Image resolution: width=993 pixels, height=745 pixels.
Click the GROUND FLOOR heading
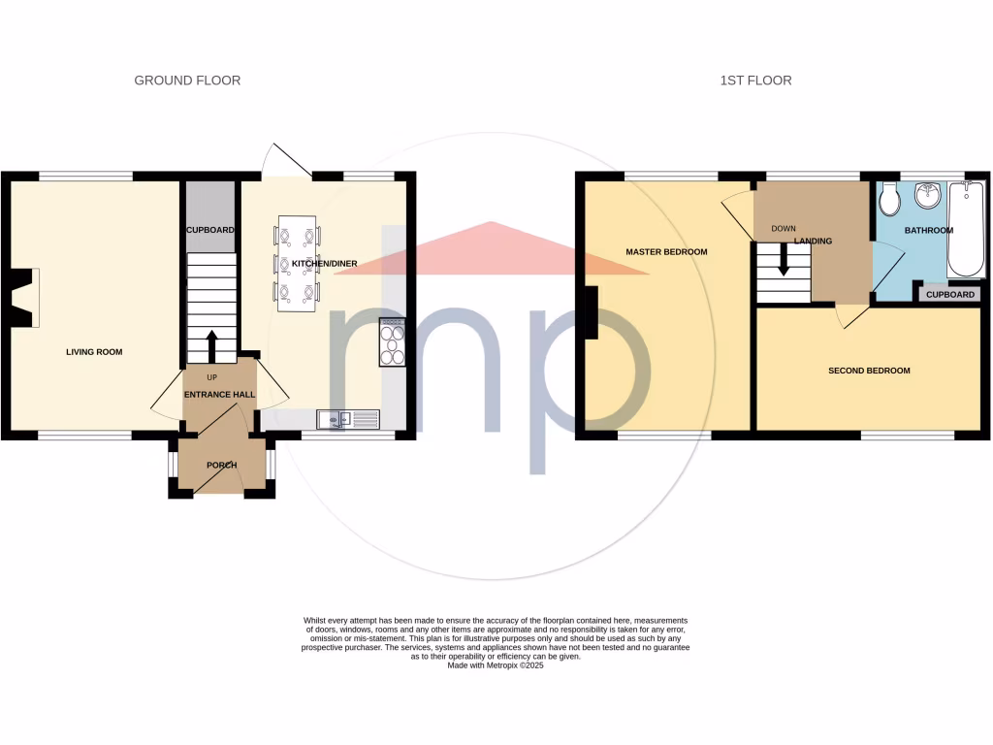pyautogui.click(x=187, y=81)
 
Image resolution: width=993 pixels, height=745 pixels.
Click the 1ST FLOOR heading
pyautogui.click(x=755, y=81)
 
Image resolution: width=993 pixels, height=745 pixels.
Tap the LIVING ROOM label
pyautogui.click(x=94, y=352)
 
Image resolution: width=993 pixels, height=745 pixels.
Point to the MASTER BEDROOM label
pyautogui.click(x=666, y=252)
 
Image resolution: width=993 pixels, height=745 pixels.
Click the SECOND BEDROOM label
pyautogui.click(x=869, y=371)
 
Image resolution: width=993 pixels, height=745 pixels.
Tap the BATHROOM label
pyautogui.click(x=928, y=231)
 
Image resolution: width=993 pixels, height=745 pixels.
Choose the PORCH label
pyautogui.click(x=221, y=466)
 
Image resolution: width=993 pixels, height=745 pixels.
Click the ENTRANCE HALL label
pyautogui.click(x=220, y=395)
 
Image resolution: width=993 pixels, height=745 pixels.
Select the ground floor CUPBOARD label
pyautogui.click(x=210, y=230)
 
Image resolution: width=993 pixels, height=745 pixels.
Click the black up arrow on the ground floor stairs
pyautogui.click(x=211, y=344)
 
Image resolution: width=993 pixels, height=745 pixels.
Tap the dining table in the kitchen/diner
pyautogui.click(x=297, y=263)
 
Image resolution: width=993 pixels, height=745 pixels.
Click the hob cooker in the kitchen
pyautogui.click(x=393, y=343)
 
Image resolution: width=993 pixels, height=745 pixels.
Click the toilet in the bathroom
pyautogui.click(x=889, y=200)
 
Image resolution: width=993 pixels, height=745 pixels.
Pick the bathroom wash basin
pyautogui.click(x=928, y=195)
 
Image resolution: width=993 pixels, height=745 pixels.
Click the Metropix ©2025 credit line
pyautogui.click(x=496, y=666)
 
